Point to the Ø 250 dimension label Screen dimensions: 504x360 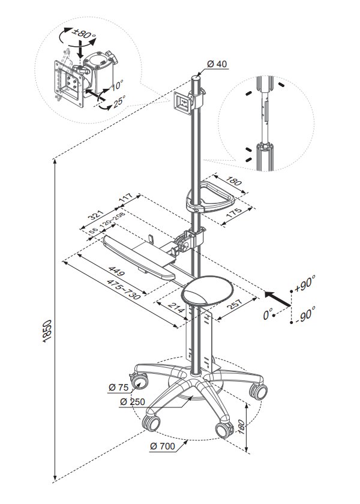coord(132,401)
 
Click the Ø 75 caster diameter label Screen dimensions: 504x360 coord(120,388)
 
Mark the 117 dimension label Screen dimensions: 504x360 coord(125,198)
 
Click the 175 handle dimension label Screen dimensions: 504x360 coord(235,211)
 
